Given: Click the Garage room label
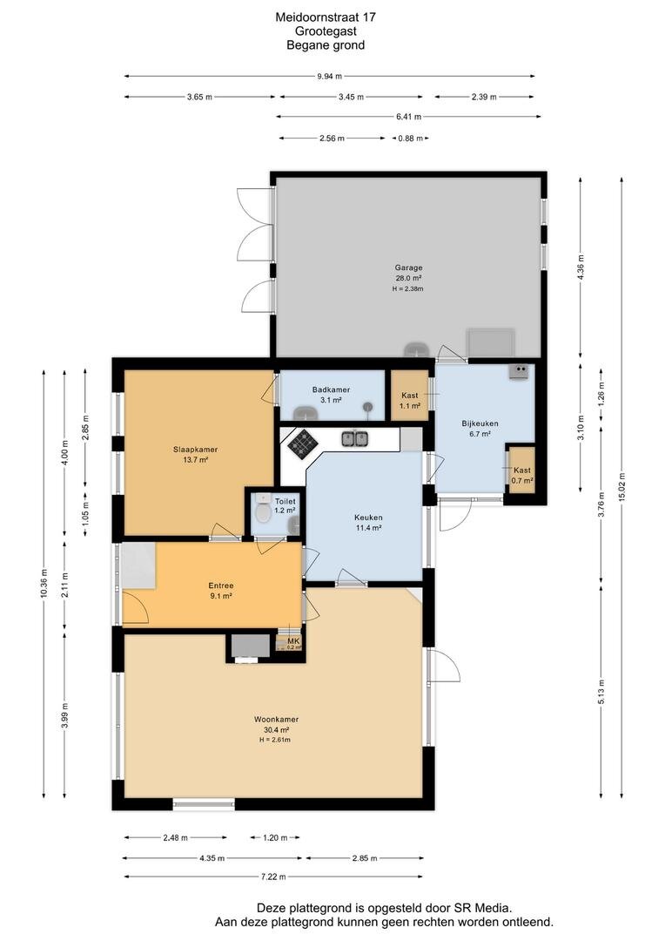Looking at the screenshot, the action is (408, 267).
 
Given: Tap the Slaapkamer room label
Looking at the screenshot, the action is (196, 450).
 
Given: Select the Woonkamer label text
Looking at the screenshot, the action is (277, 719).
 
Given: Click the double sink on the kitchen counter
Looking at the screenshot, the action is (354, 439).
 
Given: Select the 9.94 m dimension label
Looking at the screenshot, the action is (330, 76).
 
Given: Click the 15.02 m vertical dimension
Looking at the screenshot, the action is (621, 487).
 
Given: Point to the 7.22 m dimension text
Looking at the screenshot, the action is (273, 877).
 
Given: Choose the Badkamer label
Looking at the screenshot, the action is (331, 390).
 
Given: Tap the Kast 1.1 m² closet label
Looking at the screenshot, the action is (410, 400).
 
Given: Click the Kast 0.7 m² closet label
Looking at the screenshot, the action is (522, 476).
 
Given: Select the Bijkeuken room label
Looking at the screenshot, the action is (480, 423).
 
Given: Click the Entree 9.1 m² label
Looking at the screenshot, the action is (221, 591).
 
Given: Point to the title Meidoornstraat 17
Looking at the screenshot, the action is (326, 17).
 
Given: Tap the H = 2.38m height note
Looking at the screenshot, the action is (408, 288).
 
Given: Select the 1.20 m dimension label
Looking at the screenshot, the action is (275, 838).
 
